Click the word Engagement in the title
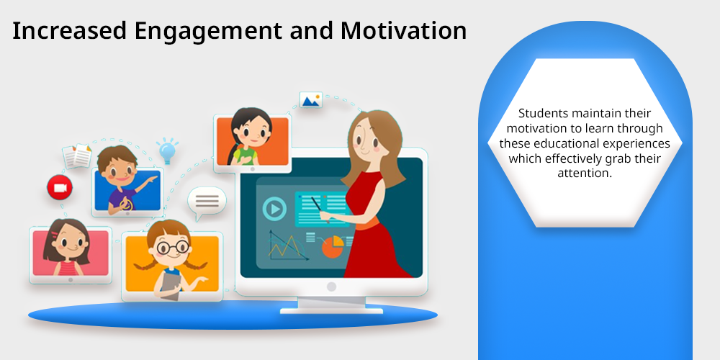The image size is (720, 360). pyautogui.click(x=209, y=31)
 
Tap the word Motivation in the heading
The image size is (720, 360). pyautogui.click(x=404, y=30)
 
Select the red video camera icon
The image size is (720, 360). pyautogui.click(x=60, y=188)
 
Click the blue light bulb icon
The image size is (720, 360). pyautogui.click(x=167, y=150)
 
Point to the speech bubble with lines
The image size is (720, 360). pyautogui.click(x=207, y=202)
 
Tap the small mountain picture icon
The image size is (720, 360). pyautogui.click(x=311, y=100)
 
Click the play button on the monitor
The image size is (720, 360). pyautogui.click(x=274, y=210)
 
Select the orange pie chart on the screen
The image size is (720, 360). pyautogui.click(x=333, y=246)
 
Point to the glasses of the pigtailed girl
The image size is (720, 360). pyautogui.click(x=173, y=248)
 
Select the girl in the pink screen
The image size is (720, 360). pyautogui.click(x=67, y=247)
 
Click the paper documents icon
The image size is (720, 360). pyautogui.click(x=77, y=156)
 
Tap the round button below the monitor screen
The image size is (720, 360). pyautogui.click(x=331, y=287)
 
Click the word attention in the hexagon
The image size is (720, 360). pyautogui.click(x=585, y=174)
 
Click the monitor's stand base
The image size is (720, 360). pyautogui.click(x=331, y=311)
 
